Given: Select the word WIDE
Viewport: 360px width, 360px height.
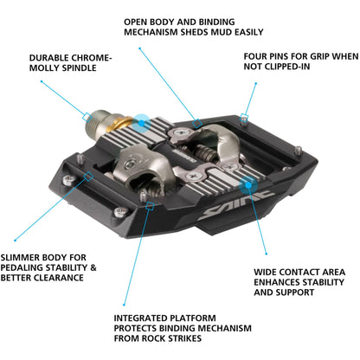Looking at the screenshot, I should [266, 272].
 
